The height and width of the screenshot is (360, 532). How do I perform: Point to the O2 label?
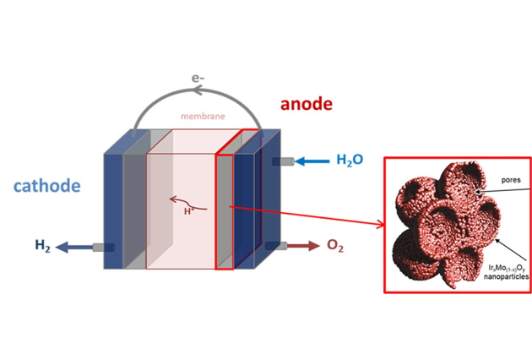[335, 246]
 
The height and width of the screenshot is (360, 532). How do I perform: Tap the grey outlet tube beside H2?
[103, 247]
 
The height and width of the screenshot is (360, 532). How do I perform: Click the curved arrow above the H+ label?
[181, 200]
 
